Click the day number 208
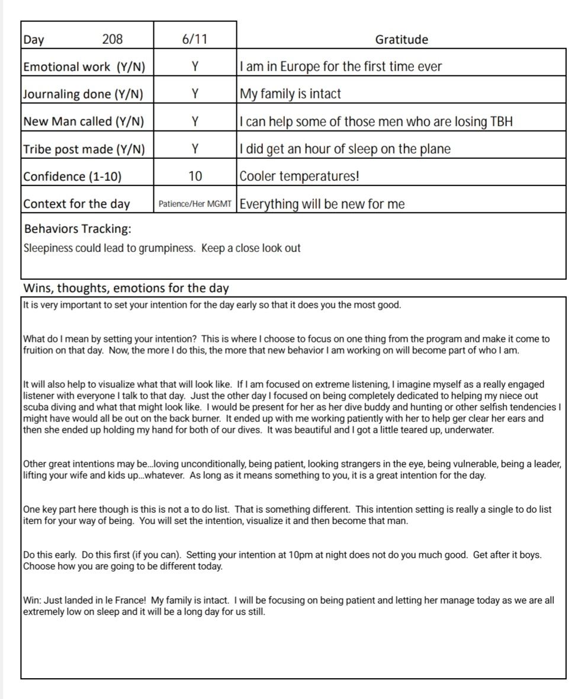pos(113,40)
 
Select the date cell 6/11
pos(195,40)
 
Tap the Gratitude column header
pos(402,40)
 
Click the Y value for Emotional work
pos(195,67)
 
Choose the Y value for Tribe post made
pos(195,149)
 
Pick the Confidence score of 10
pos(195,177)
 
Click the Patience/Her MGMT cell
pos(195,204)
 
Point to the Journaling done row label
pos(83,94)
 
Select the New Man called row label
pos(83,122)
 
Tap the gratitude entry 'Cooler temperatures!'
pos(299,177)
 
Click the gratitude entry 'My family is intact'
pos(290,94)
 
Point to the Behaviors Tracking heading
pos(78,229)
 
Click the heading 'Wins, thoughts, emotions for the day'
pos(126,288)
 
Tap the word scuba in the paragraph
pos(34,407)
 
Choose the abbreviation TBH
pos(502,122)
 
